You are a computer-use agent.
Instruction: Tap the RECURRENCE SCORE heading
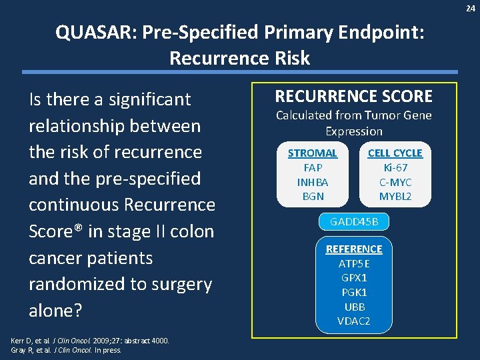pos(354,96)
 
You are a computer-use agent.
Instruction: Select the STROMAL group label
pos(313,153)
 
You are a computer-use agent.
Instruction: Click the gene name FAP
pos(313,167)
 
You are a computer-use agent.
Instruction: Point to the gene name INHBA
pos(313,182)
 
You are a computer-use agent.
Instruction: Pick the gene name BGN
pos(313,197)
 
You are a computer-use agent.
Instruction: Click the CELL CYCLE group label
pos(395,153)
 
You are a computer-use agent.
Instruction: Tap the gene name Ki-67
pos(395,167)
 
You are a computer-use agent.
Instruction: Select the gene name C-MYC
pos(395,182)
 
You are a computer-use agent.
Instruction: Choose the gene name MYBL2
pos(395,197)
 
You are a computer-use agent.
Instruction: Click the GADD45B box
pos(354,221)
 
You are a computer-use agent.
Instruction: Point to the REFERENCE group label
pos(354,249)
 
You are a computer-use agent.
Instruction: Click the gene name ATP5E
pos(354,263)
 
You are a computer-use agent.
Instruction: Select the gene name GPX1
pos(354,278)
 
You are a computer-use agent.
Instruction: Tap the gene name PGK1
pos(354,293)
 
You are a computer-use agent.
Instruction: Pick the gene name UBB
pos(354,307)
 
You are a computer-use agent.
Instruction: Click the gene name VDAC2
pos(354,322)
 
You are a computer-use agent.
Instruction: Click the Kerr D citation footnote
pos(90,341)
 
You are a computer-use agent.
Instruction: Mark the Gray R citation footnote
pos(66,349)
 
